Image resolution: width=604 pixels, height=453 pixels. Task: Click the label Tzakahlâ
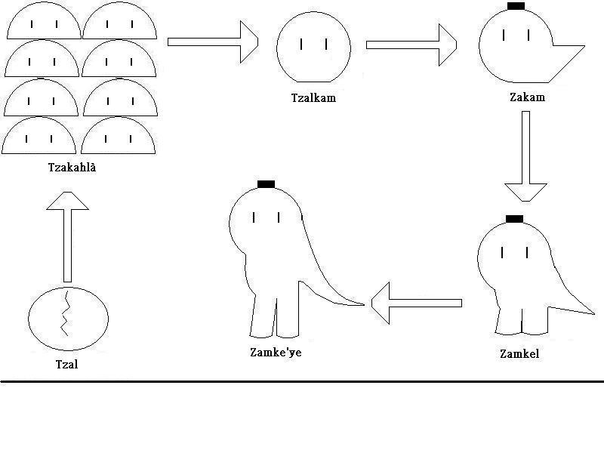(72, 168)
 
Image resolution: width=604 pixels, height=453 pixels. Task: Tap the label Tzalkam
(313, 97)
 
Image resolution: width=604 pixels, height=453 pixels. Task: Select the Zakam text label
(527, 97)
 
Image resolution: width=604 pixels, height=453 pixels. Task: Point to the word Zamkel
(519, 353)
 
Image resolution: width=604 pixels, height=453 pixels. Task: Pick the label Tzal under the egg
(67, 364)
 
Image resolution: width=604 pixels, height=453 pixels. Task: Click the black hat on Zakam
(516, 6)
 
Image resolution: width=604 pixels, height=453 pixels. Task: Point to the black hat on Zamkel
(514, 219)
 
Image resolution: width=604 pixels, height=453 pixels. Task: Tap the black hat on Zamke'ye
(266, 184)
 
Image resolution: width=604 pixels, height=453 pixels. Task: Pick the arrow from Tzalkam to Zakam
(411, 45)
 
